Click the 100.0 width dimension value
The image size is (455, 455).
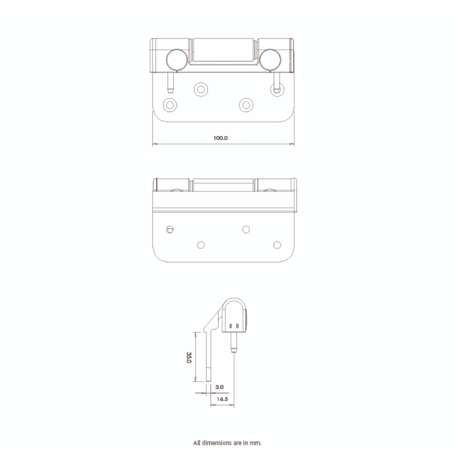click(220, 138)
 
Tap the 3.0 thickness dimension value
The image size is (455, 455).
click(219, 387)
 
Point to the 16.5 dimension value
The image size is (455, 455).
click(222, 399)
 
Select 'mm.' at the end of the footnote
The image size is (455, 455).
click(257, 443)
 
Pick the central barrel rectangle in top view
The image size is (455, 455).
click(223, 51)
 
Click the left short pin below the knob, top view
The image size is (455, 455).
click(170, 81)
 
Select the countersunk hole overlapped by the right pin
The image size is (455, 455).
click(277, 89)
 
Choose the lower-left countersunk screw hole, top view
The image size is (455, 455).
click(169, 104)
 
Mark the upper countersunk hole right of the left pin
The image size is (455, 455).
click(201, 89)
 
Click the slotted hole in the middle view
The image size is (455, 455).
click(169, 229)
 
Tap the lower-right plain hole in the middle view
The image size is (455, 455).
click(277, 245)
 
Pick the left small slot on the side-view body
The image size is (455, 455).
click(231, 327)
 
